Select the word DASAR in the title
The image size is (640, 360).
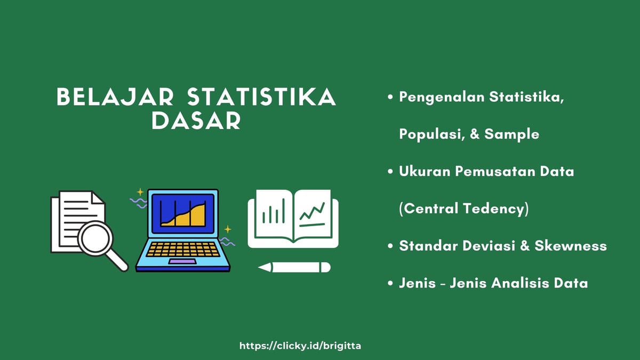click(196, 121)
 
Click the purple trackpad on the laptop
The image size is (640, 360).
click(182, 262)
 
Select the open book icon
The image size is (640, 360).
click(293, 219)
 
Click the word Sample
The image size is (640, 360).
click(511, 134)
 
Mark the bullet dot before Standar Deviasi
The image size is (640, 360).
click(390, 246)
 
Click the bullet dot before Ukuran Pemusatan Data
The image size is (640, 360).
click(390, 172)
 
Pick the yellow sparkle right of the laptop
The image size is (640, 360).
click(228, 229)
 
